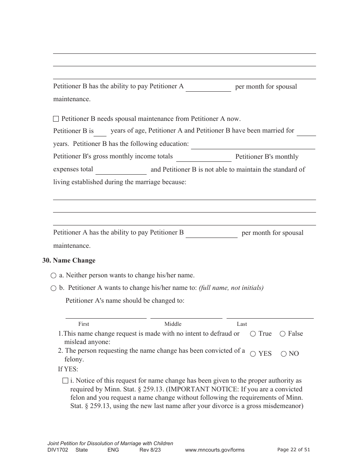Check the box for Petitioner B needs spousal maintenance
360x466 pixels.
56,119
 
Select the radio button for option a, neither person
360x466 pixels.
53,276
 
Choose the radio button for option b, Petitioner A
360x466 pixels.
53,288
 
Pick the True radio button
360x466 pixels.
253,334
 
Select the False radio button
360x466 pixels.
283,334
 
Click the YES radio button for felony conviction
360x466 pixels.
253,354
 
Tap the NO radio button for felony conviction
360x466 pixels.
283,354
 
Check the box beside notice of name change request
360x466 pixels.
65,381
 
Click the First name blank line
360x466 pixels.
106,315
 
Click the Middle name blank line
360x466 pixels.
186,315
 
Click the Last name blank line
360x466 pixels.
270,315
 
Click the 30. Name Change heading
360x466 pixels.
69,261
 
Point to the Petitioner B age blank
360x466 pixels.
100,132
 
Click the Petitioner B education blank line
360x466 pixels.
253,145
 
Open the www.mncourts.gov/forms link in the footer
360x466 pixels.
214,450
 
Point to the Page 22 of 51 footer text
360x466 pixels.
294,450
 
